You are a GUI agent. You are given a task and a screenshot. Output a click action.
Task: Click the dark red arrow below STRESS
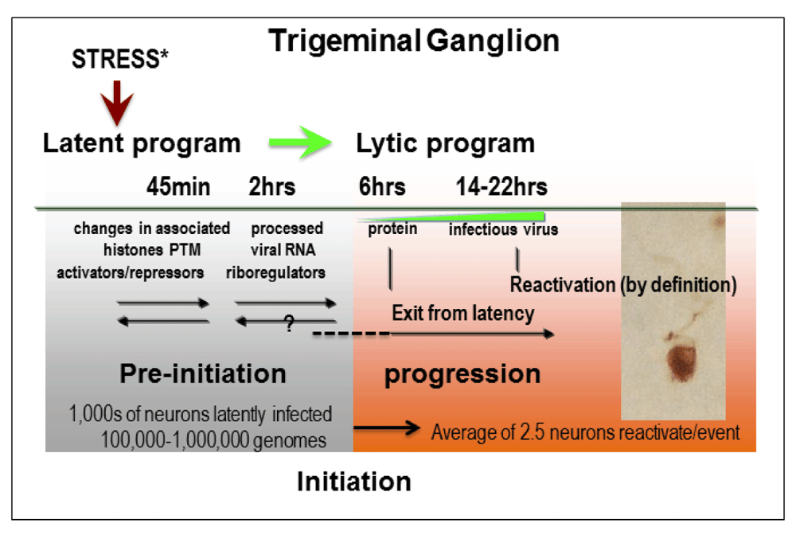[117, 103]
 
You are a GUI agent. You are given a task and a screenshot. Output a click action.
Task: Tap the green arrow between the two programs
[300, 143]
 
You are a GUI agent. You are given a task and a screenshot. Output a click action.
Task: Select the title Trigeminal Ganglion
[414, 41]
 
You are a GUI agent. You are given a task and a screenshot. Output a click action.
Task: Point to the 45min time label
[178, 186]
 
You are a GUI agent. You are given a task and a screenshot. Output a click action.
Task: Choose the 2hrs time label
[271, 186]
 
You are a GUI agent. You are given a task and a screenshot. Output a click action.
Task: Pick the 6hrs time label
[382, 186]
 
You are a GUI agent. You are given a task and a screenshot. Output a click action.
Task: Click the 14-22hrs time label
[501, 186]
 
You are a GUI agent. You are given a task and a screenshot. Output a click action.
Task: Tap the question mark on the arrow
[289, 322]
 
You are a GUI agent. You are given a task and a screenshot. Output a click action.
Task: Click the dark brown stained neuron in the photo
[681, 362]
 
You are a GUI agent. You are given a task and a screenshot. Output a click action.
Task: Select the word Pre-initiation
[203, 373]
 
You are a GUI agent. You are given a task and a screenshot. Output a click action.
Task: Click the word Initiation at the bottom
[354, 481]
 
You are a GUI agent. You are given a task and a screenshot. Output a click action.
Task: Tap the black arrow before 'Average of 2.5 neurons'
[387, 428]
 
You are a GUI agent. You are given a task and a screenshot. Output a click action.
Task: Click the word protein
[392, 229]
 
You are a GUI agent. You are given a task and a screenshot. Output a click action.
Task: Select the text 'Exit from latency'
[463, 313]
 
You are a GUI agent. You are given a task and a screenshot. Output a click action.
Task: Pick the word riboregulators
[275, 272]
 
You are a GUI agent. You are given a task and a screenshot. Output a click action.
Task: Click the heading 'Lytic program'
[445, 143]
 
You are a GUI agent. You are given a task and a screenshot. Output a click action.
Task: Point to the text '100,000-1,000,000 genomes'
[213, 439]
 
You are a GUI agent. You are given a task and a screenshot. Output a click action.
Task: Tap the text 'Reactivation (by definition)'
[623, 285]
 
